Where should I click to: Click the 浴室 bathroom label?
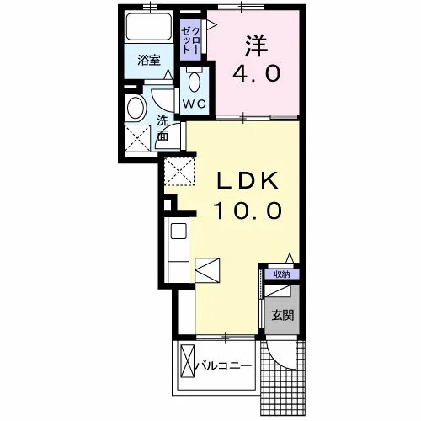pos(149,60)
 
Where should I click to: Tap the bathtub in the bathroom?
pos(149,27)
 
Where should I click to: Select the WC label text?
pos(195,104)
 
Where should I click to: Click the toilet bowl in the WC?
pos(195,81)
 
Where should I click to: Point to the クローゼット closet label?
pos(191,40)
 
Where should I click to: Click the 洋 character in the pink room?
pos(257,45)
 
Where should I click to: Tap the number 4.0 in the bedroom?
pos(257,73)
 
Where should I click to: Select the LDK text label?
pos(248,180)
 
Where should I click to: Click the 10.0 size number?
pos(248,210)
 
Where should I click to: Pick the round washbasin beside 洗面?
pos(136,108)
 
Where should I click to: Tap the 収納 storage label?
pos(282,274)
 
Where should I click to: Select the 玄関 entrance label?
pos(282,316)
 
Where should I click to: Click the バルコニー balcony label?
pos(223,366)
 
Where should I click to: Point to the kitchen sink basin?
pos(179,231)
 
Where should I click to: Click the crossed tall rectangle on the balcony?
pos(188,362)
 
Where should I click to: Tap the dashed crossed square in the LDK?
pos(179,172)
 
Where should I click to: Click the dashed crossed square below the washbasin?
pos(137,138)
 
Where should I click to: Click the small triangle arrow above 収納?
pos(290,258)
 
